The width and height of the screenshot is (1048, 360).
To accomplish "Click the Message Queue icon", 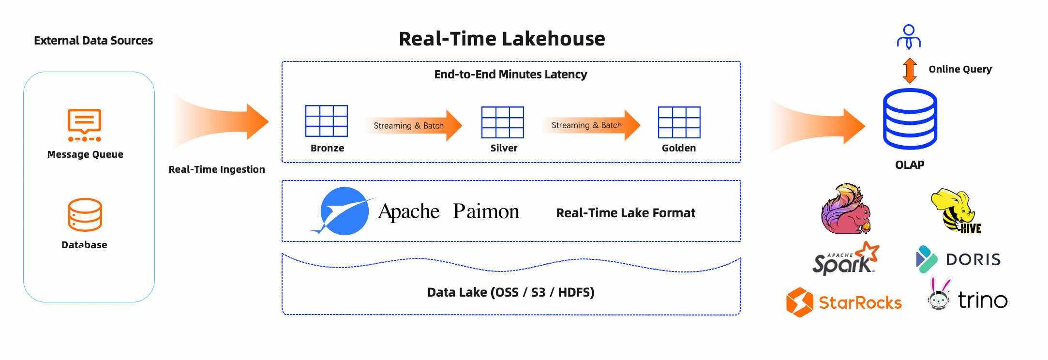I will pos(85,125).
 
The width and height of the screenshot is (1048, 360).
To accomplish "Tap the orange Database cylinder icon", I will pos(85,215).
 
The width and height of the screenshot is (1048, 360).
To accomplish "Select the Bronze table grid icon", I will pos(327,121).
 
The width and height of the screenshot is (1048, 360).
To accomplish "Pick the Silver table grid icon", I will pos(503,122).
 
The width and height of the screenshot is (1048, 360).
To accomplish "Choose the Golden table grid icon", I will pos(679,122).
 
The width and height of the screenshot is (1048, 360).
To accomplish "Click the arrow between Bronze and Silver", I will pos(413,125).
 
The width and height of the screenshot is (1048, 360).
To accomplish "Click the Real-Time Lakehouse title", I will pos(502,39).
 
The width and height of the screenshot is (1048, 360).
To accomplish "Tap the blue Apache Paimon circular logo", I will pos(344,211).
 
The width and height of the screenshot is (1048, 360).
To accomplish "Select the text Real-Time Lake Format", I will pos(625,213).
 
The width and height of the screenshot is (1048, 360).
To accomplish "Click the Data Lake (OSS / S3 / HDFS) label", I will pos(510,292).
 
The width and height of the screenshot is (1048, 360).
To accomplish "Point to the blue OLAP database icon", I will pos(910,119).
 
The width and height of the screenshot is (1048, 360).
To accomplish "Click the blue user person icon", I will pos(909,37).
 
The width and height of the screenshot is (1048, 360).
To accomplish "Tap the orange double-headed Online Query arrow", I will pos(910,70).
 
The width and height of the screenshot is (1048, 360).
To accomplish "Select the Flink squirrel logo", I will pos(846,209).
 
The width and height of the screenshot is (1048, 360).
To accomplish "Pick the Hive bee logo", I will pos(956,211).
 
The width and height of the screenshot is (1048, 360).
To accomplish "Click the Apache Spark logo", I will pos(845,260).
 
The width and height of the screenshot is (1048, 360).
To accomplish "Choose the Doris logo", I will pos(958,259).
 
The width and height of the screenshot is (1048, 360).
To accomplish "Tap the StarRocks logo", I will pos(844,302).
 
